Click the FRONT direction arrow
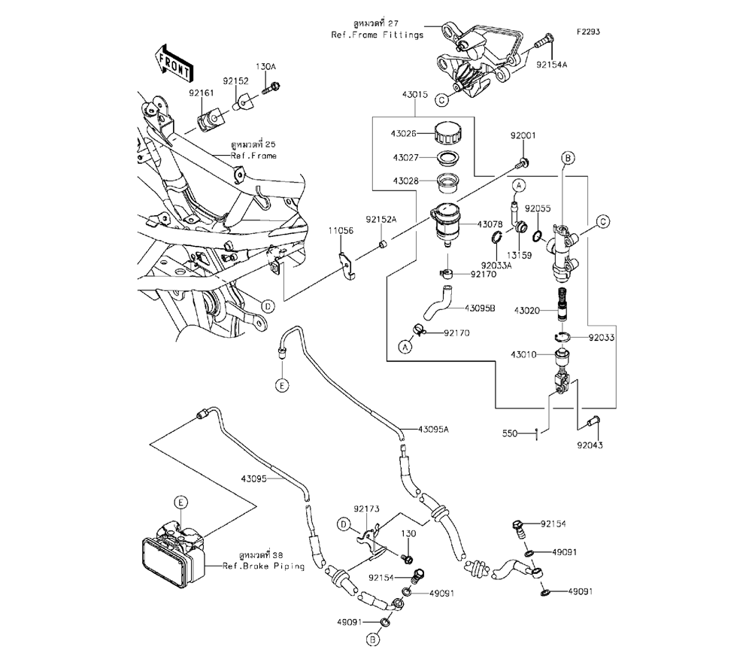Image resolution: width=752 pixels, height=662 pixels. tap(174, 62)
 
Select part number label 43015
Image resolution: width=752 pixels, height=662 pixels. tap(415, 95)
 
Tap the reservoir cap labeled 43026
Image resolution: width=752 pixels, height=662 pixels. tap(448, 132)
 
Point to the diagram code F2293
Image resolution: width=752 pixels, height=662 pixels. tap(588, 32)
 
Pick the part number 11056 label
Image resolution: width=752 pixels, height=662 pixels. tap(341, 231)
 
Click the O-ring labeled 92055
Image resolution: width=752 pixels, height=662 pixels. tap(538, 235)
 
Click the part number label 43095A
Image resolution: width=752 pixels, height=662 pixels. tap(433, 430)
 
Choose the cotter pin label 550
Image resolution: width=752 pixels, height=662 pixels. tap(510, 433)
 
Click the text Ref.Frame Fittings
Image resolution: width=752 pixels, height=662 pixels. tap(378, 35)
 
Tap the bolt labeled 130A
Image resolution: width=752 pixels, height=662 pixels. tap(271, 88)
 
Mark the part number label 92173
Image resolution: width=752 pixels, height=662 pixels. tap(366, 509)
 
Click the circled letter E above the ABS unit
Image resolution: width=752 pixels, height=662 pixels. tap(180, 503)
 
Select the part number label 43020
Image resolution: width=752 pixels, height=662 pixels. tap(527, 311)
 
